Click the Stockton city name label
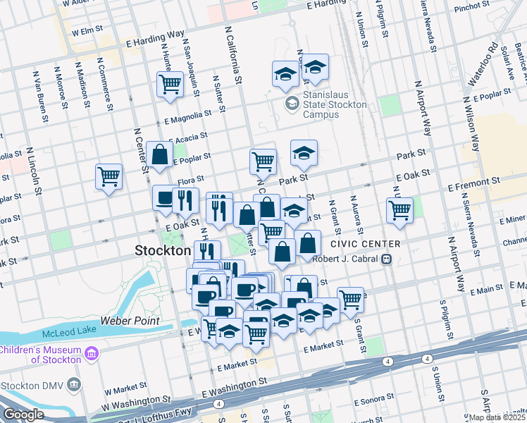[x=163, y=250]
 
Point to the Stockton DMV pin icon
[x=75, y=385]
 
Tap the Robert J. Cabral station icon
[x=386, y=259]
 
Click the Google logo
[x=23, y=415]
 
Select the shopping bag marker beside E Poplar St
[x=161, y=154]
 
